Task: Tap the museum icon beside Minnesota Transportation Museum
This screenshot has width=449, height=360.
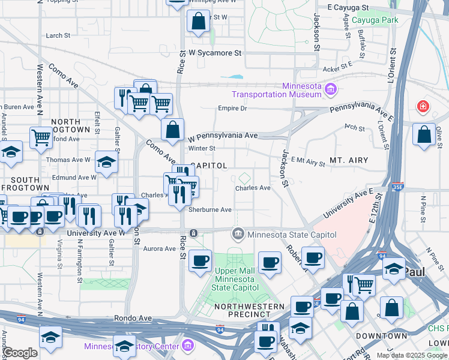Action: click(x=330, y=91)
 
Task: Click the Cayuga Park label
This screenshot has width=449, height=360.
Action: click(x=375, y=20)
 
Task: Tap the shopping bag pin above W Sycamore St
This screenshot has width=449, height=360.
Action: click(x=197, y=23)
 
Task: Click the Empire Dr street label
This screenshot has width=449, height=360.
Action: click(x=232, y=109)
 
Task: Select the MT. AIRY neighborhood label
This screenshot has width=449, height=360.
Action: click(x=348, y=161)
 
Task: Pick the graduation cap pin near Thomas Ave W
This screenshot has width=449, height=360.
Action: click(x=106, y=162)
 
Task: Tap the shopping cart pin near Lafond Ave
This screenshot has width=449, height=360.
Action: click(x=41, y=137)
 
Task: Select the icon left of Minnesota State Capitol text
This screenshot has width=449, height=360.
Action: click(x=238, y=233)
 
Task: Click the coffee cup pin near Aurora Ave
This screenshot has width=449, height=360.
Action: click(x=200, y=261)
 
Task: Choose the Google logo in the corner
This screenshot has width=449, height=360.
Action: click(x=19, y=353)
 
